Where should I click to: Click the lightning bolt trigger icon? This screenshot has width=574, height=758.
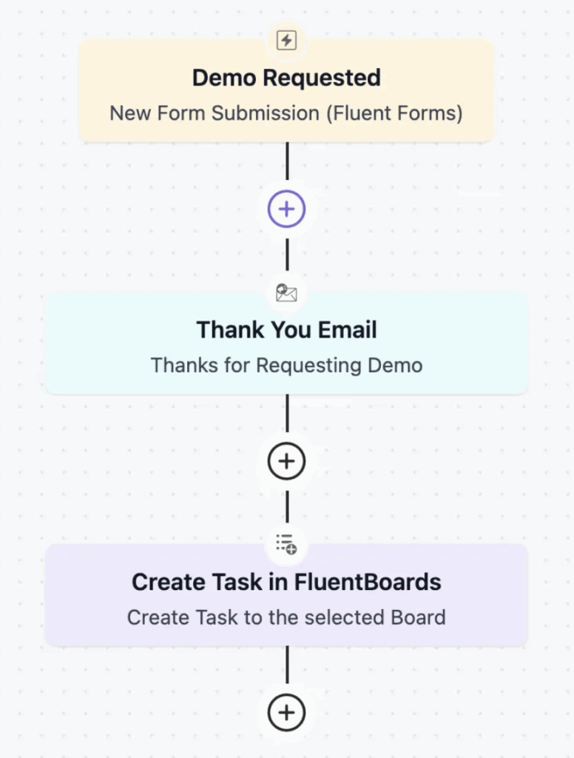coord(286,40)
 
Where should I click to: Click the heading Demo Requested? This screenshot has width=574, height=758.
coord(286,78)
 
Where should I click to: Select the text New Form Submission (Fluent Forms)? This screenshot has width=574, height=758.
coord(286,113)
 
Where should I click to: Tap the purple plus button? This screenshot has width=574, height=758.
coord(286,209)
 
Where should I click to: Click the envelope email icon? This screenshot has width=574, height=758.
coord(286,292)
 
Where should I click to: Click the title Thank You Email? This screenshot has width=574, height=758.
coord(286,329)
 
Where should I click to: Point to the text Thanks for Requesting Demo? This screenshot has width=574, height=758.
coord(286,366)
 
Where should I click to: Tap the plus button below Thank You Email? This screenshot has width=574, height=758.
coord(286,460)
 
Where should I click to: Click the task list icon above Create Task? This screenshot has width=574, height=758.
coord(286,544)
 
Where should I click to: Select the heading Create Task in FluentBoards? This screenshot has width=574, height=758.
coord(286,582)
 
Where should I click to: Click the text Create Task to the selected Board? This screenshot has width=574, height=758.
coord(286,617)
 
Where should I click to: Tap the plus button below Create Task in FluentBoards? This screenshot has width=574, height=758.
coord(286,713)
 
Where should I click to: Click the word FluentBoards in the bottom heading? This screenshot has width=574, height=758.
coord(368,582)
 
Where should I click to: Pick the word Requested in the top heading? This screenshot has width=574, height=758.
coord(322,78)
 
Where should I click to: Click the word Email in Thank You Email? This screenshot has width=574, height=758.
coord(348,329)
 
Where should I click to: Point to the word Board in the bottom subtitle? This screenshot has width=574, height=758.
coord(418,617)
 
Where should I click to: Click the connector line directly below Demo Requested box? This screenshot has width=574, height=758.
coord(288,161)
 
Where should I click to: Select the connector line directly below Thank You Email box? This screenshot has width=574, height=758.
coord(288,413)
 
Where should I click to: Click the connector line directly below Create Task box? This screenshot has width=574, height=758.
coord(288,665)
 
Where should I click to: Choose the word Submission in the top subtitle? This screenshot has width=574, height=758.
coord(266,113)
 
